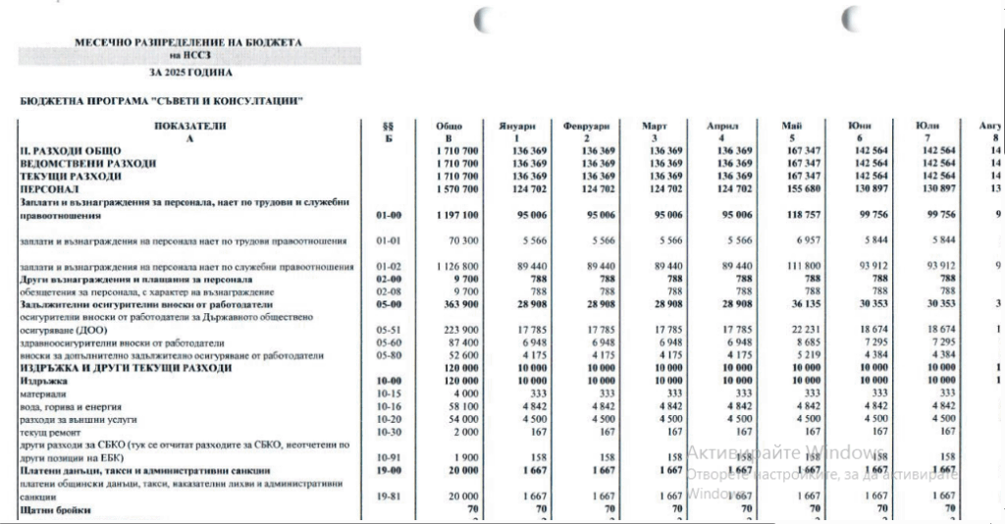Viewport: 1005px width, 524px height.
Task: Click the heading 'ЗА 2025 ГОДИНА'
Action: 191,73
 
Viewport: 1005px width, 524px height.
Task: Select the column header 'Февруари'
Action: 587,128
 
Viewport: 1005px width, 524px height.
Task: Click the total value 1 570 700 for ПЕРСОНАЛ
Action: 458,188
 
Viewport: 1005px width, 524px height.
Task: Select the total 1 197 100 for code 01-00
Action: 456,214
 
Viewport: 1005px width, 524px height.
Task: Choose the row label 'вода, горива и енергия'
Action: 70,405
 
